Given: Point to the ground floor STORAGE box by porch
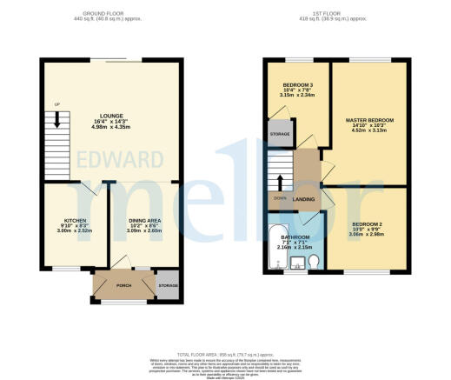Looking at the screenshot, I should [168, 285].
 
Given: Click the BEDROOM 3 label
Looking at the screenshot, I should [297, 84].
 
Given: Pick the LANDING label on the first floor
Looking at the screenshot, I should [304, 199].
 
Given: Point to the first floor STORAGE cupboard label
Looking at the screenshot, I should [280, 134].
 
